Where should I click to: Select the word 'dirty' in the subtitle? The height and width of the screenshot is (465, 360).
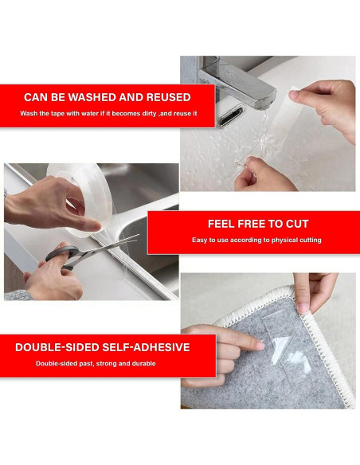[149, 114]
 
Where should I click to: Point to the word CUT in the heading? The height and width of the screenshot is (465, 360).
[297, 224]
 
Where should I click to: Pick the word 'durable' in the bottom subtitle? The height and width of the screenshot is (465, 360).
[144, 364]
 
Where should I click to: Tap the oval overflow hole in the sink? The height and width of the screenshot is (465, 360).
[231, 116]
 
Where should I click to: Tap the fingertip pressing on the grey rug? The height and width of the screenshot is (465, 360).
[259, 346]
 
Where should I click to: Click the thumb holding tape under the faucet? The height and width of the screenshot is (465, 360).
[299, 96]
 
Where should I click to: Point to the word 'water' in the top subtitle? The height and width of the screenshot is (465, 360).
[90, 114]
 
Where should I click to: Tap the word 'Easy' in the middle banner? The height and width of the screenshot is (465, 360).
[199, 240]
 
